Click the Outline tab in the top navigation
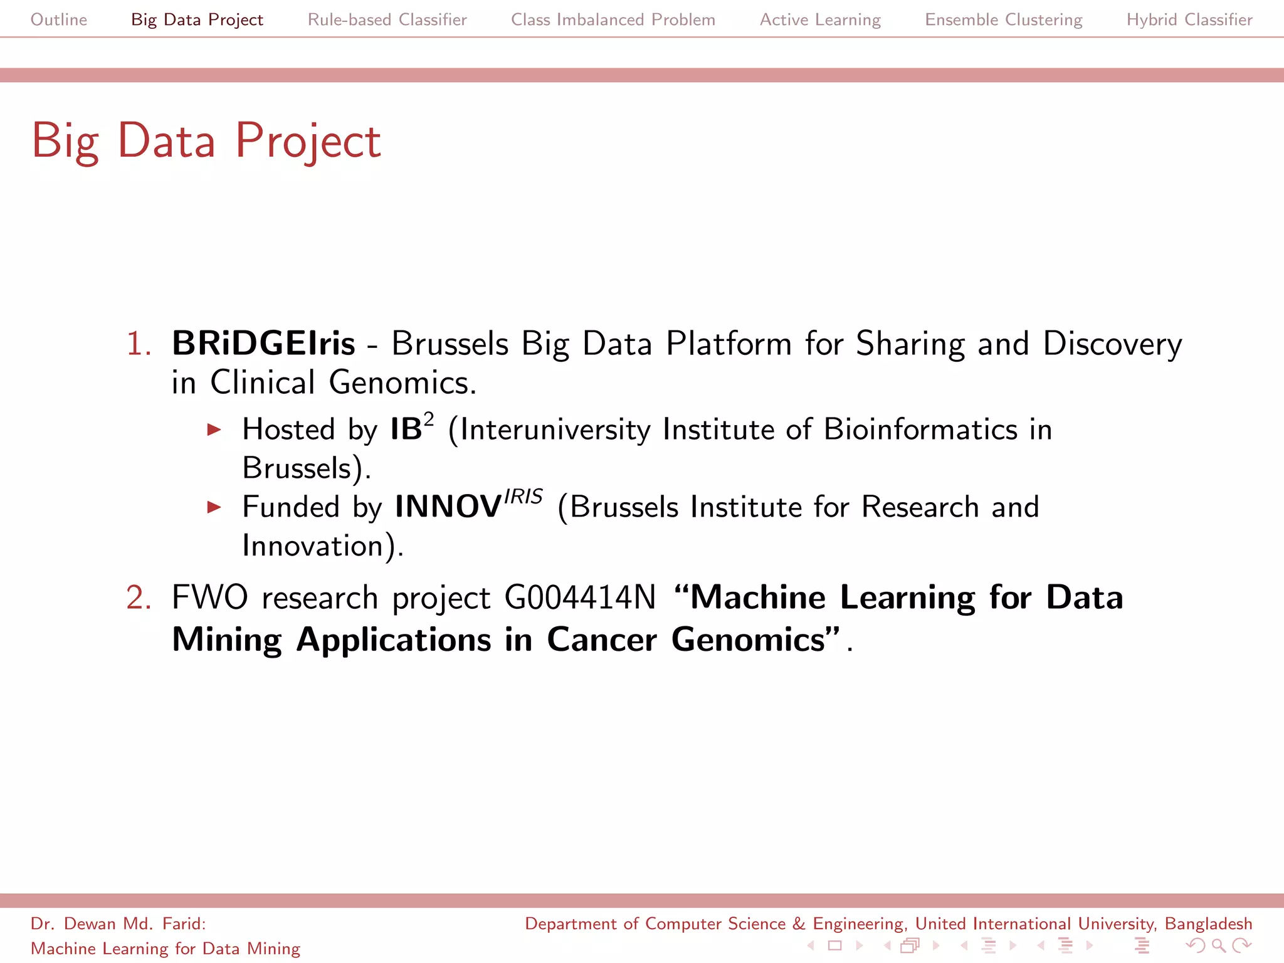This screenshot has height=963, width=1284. (x=59, y=19)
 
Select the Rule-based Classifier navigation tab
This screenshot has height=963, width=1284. (x=387, y=19)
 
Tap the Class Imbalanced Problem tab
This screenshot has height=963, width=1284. (x=613, y=19)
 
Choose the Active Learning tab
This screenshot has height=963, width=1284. (x=820, y=19)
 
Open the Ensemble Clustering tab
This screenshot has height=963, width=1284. (x=1003, y=19)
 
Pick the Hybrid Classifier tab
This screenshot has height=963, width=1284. (x=1189, y=19)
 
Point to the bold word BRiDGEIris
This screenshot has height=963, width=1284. (x=263, y=344)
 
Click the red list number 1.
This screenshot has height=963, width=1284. (x=138, y=344)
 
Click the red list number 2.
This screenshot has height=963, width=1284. (x=138, y=597)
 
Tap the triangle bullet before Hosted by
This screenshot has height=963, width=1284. (x=214, y=430)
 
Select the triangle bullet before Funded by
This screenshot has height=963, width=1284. (x=214, y=507)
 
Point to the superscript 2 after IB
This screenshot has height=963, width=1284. (x=429, y=419)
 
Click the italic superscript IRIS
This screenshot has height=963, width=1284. (x=523, y=497)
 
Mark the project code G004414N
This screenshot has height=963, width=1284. (x=580, y=597)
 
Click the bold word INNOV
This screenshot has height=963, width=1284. (x=448, y=507)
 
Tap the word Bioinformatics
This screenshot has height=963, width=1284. (x=920, y=430)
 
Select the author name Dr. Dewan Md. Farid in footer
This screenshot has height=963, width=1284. (x=118, y=924)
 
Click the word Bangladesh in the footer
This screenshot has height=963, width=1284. (x=1208, y=924)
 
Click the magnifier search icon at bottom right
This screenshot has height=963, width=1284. (x=1218, y=945)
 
